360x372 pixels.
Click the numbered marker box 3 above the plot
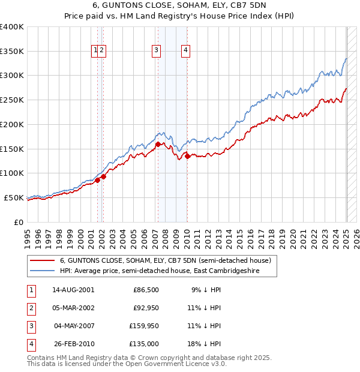tap(156, 50)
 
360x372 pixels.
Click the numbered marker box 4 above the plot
tap(187, 50)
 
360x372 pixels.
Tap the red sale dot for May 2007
tap(158, 144)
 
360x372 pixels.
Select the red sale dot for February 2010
tap(187, 156)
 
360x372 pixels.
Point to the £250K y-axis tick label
tap(12, 100)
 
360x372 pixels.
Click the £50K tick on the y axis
tap(14, 197)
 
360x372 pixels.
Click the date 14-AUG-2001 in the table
tap(73, 289)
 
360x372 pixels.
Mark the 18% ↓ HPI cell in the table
tap(204, 344)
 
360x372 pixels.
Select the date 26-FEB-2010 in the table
tap(73, 344)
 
